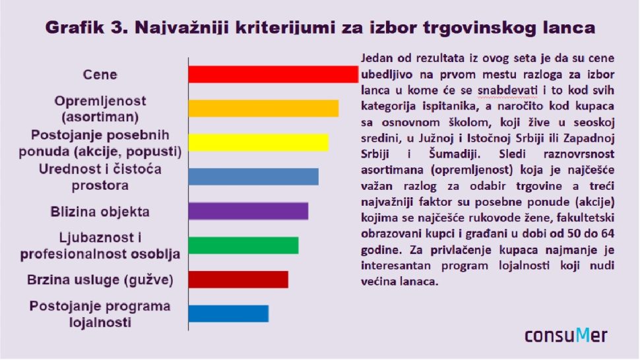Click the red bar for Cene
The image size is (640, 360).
click(273, 75)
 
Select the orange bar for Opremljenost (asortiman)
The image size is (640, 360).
click(264, 108)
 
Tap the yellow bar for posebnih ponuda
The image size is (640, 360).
click(259, 142)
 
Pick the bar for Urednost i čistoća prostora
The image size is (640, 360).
click(253, 177)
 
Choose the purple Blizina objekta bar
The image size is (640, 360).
click(248, 211)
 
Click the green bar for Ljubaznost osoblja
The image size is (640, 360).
click(243, 245)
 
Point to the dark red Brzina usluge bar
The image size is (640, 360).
click(238, 280)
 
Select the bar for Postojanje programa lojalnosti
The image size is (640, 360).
click(228, 314)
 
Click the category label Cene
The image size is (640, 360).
click(100, 75)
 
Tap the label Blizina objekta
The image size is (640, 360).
click(100, 212)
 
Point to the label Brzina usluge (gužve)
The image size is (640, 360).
click(100, 280)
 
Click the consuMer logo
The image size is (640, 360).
click(565, 336)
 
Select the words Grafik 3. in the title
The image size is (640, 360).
click(86, 28)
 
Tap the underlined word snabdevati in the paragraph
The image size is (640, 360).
click(507, 90)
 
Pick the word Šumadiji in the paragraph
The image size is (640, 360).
click(455, 154)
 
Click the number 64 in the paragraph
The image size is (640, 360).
click(608, 233)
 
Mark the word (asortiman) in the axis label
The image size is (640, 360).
click(100, 117)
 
